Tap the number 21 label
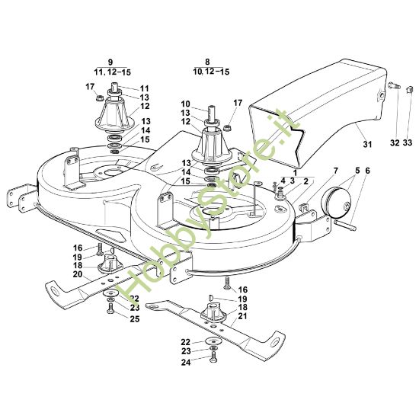click(x=243, y=316)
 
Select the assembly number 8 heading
click(x=206, y=62)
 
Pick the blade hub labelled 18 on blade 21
click(x=211, y=314)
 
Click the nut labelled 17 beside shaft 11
click(x=100, y=97)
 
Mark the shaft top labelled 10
click(x=208, y=117)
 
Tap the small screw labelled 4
click(x=273, y=186)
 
